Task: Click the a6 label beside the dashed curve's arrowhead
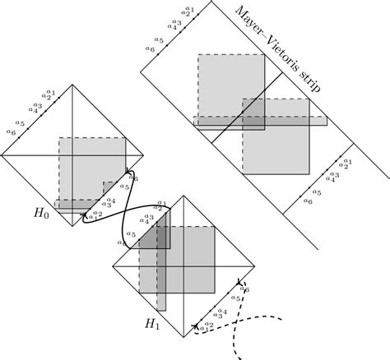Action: point(247,289)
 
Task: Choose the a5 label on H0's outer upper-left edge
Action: point(21,122)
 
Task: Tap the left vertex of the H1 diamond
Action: point(111,266)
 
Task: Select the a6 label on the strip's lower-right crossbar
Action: point(309,201)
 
